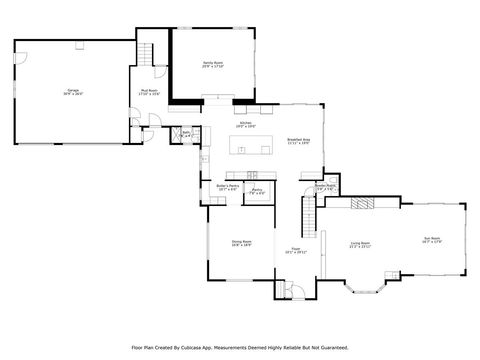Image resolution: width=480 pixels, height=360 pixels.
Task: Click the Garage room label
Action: tap(73, 91)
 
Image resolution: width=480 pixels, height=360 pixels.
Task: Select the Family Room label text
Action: tap(212, 64)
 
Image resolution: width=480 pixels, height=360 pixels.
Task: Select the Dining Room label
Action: tap(241, 243)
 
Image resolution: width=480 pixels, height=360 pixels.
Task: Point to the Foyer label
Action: tap(295, 250)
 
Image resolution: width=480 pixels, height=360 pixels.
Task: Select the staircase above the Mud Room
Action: tap(150, 55)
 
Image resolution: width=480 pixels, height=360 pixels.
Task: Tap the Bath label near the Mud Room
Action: tap(186, 133)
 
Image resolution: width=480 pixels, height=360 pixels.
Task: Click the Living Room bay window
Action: tap(362, 292)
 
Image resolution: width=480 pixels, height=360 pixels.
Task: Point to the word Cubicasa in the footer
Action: tap(203, 348)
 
